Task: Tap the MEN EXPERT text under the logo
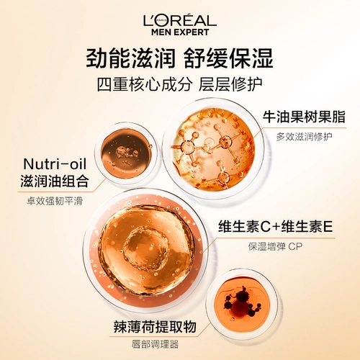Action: [x=180, y=31]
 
